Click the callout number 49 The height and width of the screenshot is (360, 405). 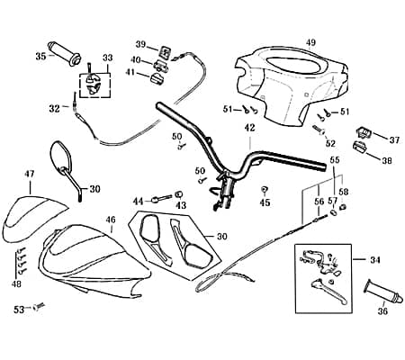click(x=310, y=42)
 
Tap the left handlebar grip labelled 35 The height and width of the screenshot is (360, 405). click(x=64, y=53)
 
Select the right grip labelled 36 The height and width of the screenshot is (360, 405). click(x=382, y=292)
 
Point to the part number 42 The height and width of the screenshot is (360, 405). click(x=249, y=128)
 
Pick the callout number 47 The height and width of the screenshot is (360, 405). click(x=30, y=174)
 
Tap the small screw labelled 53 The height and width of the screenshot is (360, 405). click(x=38, y=307)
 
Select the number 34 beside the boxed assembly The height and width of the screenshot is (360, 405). click(x=374, y=259)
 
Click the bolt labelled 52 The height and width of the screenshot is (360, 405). click(x=320, y=130)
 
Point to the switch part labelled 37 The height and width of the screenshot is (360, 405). click(x=364, y=132)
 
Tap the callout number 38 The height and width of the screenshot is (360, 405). click(x=387, y=161)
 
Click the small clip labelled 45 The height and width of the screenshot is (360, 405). click(x=265, y=189)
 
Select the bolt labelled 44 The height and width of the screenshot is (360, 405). click(x=162, y=199)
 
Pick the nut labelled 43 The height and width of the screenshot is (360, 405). click(x=179, y=194)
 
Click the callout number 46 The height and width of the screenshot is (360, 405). click(x=111, y=220)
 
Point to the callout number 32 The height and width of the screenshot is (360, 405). click(x=55, y=109)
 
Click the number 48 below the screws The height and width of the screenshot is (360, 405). click(x=16, y=283)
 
